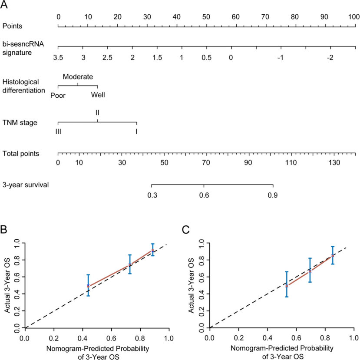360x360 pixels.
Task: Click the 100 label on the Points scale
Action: (x=354, y=17)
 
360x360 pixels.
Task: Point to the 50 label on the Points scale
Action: (x=206, y=17)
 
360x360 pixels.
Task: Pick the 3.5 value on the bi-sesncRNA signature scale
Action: (x=58, y=58)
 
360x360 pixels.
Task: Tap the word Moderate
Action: (x=78, y=77)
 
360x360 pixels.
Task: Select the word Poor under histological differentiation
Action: (x=58, y=95)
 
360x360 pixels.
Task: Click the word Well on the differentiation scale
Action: (x=98, y=95)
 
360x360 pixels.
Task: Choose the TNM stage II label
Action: (x=98, y=112)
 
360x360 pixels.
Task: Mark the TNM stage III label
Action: (x=58, y=131)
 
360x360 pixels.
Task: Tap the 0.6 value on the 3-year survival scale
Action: (x=204, y=195)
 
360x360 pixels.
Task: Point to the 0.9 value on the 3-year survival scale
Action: (x=273, y=195)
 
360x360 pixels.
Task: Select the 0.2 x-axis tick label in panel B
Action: (x=54, y=337)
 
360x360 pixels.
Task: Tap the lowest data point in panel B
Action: (x=88, y=286)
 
